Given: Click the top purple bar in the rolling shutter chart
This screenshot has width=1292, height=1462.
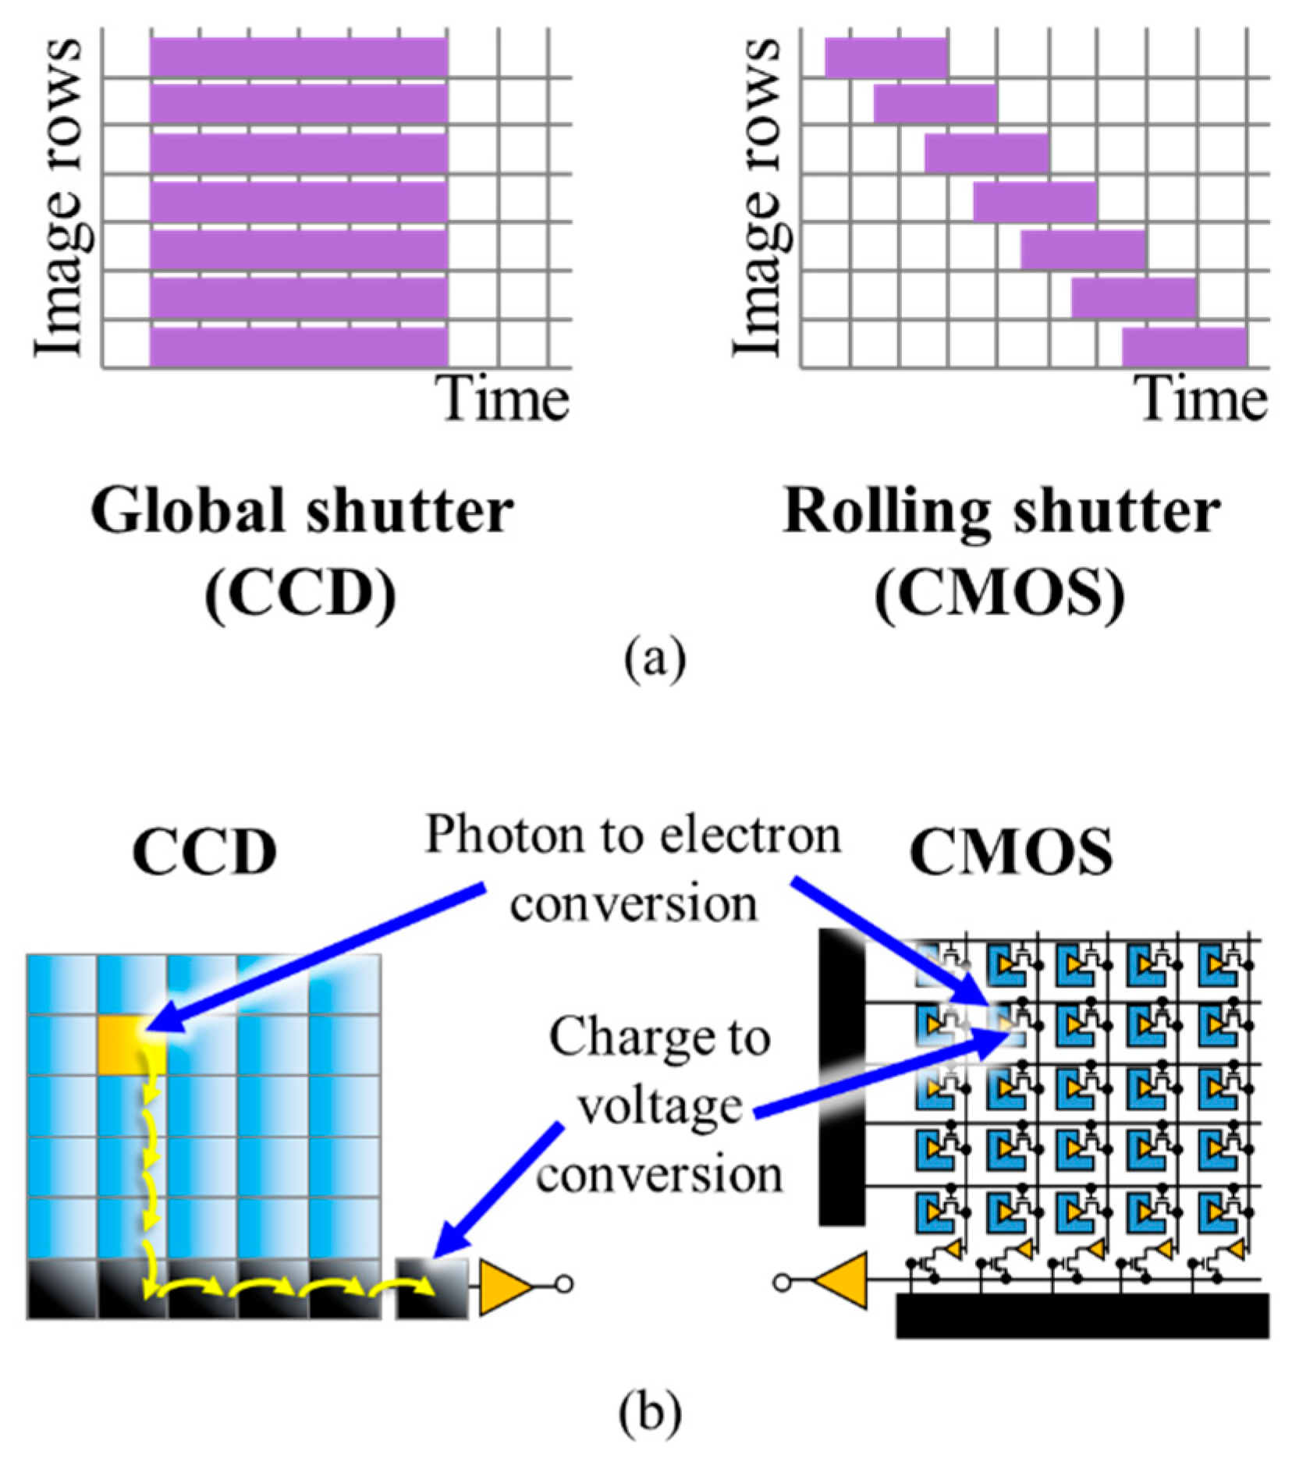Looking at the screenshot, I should (886, 58).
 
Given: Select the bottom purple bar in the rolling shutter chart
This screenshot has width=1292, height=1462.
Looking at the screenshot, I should (1184, 347).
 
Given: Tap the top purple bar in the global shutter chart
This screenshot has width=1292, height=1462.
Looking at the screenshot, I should (299, 58).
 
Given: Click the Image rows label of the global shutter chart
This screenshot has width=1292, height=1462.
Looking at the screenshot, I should (59, 199).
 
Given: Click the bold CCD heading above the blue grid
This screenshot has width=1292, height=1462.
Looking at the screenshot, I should (204, 852).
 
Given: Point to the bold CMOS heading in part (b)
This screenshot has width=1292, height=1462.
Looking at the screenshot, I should (1011, 852).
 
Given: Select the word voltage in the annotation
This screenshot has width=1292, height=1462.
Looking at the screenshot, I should (660, 1107).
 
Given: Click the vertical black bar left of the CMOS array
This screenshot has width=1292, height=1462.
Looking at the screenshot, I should (842, 1077).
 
